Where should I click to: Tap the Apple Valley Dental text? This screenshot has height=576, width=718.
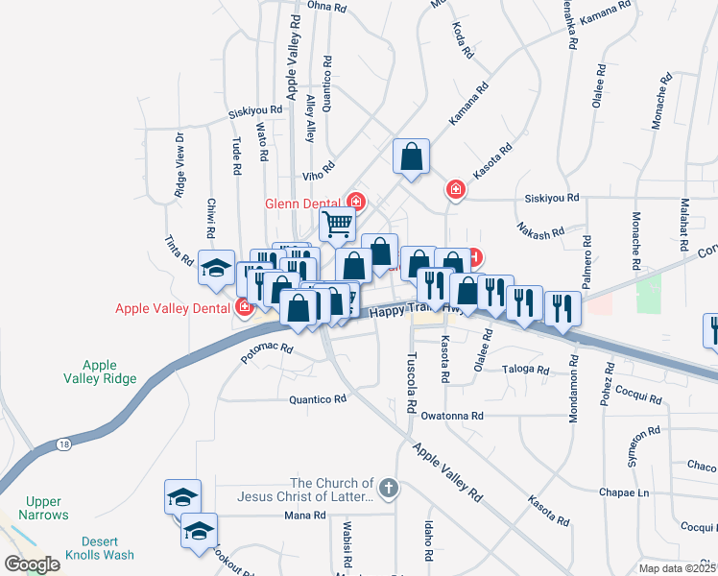tap(174, 308)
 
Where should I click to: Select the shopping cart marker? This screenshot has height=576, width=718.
tap(338, 225)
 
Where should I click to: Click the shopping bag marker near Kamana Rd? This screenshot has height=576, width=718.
tap(411, 156)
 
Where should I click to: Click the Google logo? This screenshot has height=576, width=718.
tap(32, 564)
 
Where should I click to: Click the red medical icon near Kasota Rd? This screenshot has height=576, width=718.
tap(455, 191)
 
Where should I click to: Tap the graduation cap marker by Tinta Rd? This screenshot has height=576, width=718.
tap(216, 267)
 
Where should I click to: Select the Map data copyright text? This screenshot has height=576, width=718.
tap(676, 568)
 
